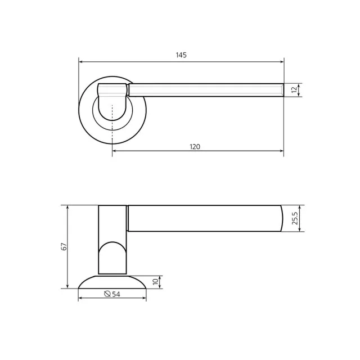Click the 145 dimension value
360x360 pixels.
[x=181, y=55]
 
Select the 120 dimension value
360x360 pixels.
[x=195, y=147]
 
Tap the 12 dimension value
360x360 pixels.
[x=294, y=90]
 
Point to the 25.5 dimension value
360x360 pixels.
[x=295, y=218]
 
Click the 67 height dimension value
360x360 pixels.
[x=64, y=246]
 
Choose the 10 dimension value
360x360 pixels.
[x=156, y=282]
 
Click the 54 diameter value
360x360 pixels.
[x=116, y=294]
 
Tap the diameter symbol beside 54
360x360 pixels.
[x=107, y=294]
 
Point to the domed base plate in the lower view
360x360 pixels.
[x=112, y=282]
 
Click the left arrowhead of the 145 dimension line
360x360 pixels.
[x=81, y=61]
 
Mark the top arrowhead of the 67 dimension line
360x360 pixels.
[x=67, y=208]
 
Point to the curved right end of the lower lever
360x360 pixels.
[x=280, y=218]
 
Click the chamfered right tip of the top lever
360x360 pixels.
[x=281, y=90]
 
